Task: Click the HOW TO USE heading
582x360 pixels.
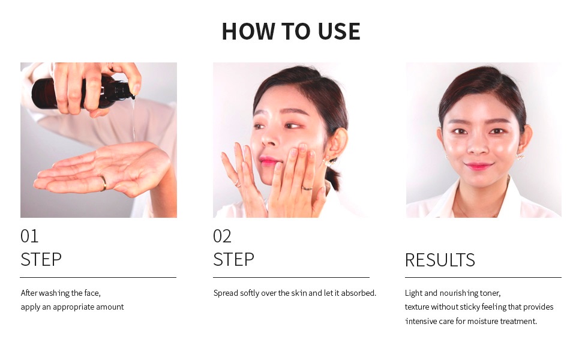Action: click(x=290, y=31)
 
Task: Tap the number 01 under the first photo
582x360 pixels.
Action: click(x=29, y=236)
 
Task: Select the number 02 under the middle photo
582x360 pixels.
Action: click(x=222, y=236)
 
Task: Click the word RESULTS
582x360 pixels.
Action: click(x=440, y=260)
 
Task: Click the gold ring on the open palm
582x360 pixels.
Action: click(x=104, y=184)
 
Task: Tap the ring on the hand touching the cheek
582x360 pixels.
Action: click(x=307, y=188)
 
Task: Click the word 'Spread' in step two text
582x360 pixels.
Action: click(x=226, y=293)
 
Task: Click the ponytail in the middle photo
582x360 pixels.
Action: click(x=332, y=178)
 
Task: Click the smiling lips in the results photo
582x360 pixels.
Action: click(x=478, y=166)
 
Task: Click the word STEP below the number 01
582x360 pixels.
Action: click(x=41, y=259)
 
